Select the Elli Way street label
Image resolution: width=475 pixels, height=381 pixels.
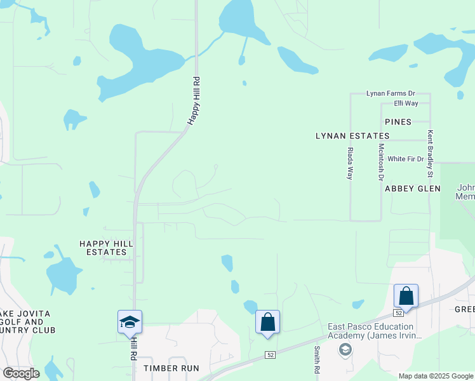point(406,103)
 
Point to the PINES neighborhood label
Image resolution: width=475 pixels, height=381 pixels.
point(398,121)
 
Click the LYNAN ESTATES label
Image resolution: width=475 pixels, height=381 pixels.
point(352,136)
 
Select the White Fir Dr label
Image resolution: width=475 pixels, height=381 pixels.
point(405,159)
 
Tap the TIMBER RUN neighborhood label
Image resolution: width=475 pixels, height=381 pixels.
point(171,368)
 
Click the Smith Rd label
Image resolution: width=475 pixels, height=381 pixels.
point(316,359)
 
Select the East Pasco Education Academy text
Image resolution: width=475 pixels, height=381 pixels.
point(375,331)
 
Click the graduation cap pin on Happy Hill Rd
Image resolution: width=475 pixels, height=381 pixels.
point(130,321)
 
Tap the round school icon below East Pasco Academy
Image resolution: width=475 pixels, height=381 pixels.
point(345,349)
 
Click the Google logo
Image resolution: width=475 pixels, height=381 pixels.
point(21,373)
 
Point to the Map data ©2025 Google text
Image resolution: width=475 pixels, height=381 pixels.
point(436,376)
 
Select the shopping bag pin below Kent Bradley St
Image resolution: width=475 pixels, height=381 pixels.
point(406,296)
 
